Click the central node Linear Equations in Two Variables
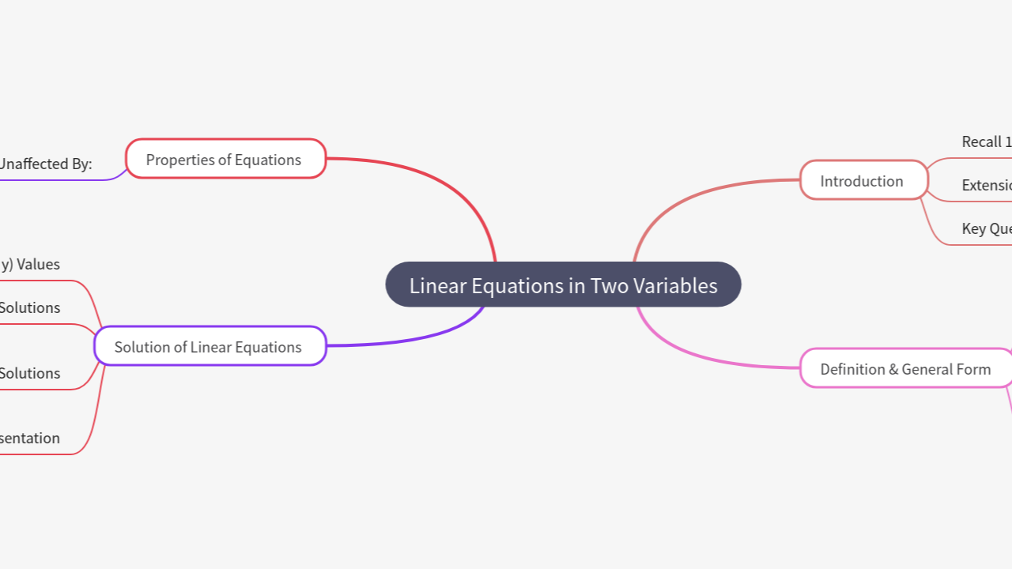tap(563, 284)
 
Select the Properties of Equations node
tap(225, 159)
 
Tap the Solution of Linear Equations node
tap(210, 346)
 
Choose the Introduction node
tap(863, 180)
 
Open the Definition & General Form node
tap(906, 368)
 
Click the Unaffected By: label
tap(45, 164)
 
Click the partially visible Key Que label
tap(986, 229)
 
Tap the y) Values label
tap(30, 264)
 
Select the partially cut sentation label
tap(30, 438)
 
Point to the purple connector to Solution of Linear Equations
tap(427, 337)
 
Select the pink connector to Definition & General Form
tap(696, 356)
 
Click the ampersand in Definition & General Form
tap(893, 369)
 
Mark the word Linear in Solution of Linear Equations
tap(212, 347)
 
